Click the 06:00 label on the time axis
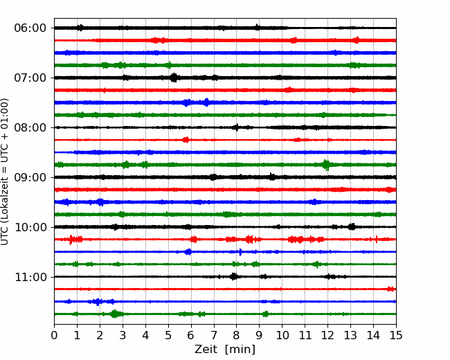pos(30,28)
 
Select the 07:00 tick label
pos(30,78)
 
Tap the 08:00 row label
pos(30,127)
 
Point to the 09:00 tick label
pos(30,177)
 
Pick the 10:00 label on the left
pos(30,227)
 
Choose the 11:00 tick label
pos(30,277)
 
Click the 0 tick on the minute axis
pos(54,335)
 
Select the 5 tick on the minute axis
pos(168,335)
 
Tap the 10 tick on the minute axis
pos(282,335)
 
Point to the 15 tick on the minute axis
pos(396,335)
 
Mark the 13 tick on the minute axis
pos(350,335)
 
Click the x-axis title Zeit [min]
pos(225,350)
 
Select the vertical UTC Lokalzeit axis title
pos(5,172)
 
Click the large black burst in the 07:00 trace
pos(174,78)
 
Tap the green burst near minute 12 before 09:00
pos(326,165)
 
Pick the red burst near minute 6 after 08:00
pos(186,140)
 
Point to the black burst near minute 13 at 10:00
pos(352,227)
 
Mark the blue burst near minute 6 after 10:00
pos(188,252)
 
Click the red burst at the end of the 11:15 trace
pos(390,289)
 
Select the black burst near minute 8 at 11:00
pos(234,276)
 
